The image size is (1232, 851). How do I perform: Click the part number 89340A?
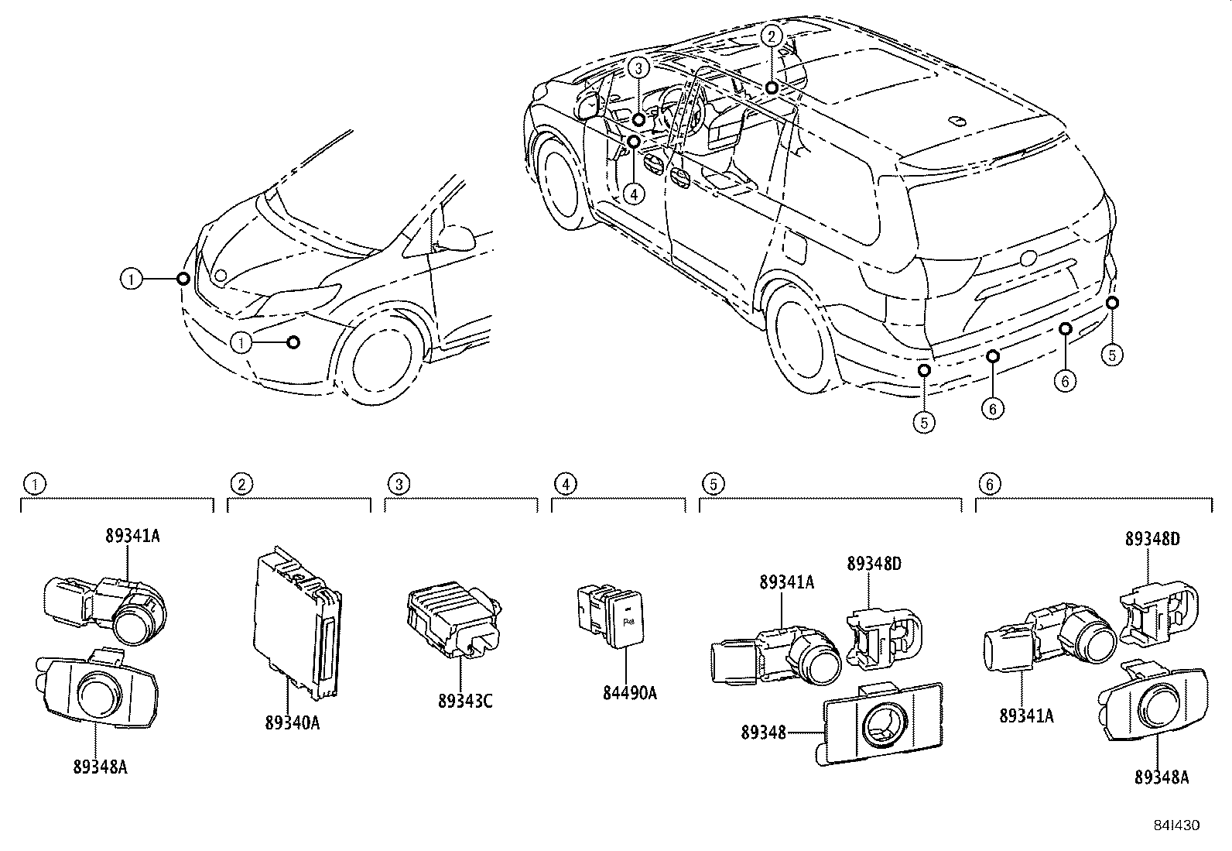tap(292, 722)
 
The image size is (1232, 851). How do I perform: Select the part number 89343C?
tap(464, 701)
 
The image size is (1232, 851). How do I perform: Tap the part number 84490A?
tap(629, 693)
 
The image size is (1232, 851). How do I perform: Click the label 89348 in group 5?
tap(763, 732)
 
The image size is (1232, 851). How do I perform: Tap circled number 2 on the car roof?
tap(771, 35)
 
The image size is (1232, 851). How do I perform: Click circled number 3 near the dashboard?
tap(638, 68)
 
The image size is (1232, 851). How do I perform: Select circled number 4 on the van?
tap(633, 194)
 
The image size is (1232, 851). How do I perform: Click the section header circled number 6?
tap(988, 484)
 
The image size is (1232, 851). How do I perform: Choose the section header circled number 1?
tap(33, 484)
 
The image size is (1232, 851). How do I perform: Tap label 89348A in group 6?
tap(1161, 777)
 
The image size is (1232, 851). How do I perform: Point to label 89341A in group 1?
tap(132, 535)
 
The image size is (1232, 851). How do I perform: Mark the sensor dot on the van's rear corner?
tap(1111, 302)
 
